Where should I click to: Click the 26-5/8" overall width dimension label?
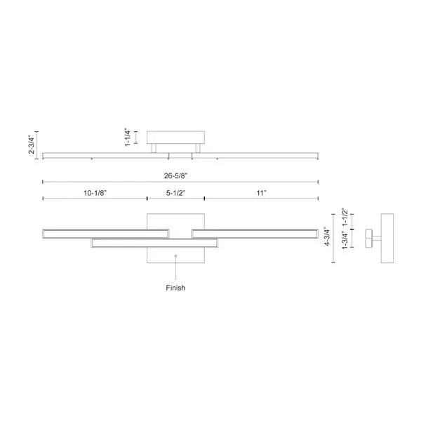[176, 176]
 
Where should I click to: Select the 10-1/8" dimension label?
[95, 193]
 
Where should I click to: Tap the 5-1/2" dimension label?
[176, 193]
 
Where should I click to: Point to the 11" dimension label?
[262, 193]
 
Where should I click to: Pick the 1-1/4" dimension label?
[128, 138]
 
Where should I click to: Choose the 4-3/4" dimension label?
[327, 236]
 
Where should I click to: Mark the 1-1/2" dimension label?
[345, 217]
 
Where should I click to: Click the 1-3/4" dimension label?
[345, 240]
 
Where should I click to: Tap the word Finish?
[175, 288]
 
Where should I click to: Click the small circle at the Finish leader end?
[175, 256]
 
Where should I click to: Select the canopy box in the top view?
[175, 138]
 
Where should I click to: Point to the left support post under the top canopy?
[154, 149]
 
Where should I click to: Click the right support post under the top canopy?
[198, 149]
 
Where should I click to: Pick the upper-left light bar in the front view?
[105, 234]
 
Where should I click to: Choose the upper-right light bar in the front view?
[255, 234]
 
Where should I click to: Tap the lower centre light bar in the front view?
[154, 243]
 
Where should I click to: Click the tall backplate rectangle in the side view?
[387, 238]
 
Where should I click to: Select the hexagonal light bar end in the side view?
[368, 238]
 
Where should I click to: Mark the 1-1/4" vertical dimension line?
[136, 138]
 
